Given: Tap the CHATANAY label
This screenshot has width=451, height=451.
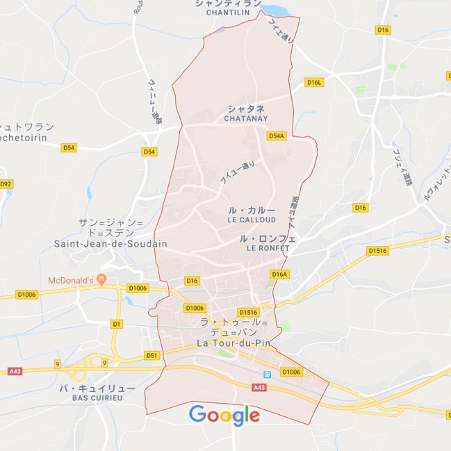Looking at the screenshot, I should (x=246, y=119).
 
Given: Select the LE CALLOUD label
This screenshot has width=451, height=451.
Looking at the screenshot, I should (x=252, y=220).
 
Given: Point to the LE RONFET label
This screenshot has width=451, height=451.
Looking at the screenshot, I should (x=268, y=248).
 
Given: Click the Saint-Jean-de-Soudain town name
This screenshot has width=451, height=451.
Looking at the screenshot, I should (x=110, y=244).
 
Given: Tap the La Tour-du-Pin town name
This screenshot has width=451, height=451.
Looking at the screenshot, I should (x=233, y=343).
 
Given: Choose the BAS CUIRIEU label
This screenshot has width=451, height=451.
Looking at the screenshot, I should (x=97, y=398).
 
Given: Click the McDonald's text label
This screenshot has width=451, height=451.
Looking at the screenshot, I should (x=70, y=280).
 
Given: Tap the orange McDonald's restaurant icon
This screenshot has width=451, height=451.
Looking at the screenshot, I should (x=102, y=279).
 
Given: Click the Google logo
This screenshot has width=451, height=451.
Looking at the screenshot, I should (x=224, y=415).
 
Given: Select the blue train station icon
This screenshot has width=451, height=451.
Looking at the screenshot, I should (x=265, y=375).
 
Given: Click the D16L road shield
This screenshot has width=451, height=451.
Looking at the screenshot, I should (x=315, y=83).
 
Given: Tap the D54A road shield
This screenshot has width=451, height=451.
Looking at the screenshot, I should (x=277, y=136).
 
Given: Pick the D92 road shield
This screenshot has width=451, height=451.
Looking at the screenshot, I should (x=6, y=184).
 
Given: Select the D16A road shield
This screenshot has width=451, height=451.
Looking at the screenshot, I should (x=279, y=274).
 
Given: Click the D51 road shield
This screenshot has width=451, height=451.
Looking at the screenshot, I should (x=152, y=355).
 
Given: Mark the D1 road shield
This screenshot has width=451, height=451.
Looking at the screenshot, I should (x=117, y=324).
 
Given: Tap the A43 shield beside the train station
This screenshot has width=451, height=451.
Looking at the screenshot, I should (x=260, y=388).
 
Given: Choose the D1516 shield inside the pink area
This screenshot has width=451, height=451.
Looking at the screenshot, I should (x=248, y=313).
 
